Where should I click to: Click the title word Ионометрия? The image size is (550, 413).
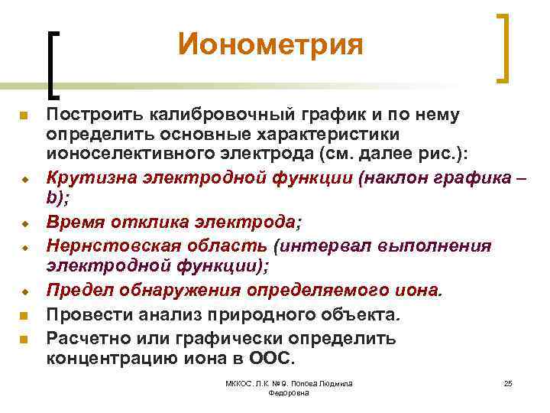(x=270, y=44)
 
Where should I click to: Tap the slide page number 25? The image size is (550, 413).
(x=507, y=382)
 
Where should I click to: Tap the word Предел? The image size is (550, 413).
(x=73, y=291)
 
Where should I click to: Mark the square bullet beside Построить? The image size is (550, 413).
(x=24, y=115)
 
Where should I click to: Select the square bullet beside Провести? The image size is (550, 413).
(x=24, y=314)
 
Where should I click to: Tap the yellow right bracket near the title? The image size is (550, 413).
(x=504, y=47)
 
